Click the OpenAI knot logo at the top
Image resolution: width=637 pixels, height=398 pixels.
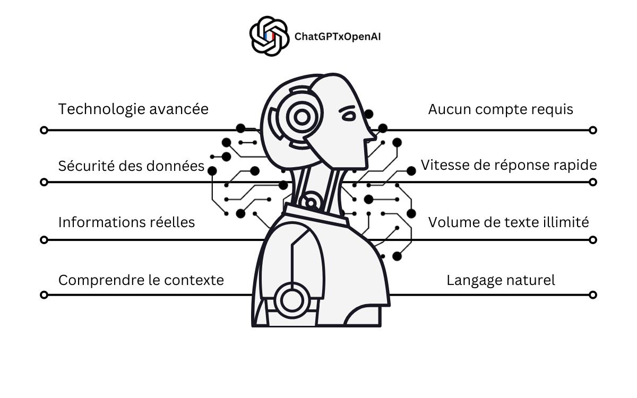click(x=269, y=36)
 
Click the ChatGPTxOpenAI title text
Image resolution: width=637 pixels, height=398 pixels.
click(x=338, y=37)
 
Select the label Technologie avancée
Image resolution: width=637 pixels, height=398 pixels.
click(x=133, y=109)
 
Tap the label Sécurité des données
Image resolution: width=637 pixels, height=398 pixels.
click(x=132, y=166)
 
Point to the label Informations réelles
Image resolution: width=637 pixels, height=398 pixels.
click(x=126, y=222)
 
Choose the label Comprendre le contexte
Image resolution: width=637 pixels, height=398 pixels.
click(x=141, y=280)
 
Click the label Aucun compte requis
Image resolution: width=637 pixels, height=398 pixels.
click(x=501, y=109)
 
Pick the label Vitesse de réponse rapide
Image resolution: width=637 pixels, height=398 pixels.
click(x=509, y=165)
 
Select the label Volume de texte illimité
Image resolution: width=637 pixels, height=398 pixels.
click(x=509, y=222)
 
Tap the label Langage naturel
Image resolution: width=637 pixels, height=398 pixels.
click(x=501, y=281)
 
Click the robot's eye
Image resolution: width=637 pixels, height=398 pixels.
click(x=348, y=116)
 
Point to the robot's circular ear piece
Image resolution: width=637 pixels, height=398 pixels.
click(x=302, y=117)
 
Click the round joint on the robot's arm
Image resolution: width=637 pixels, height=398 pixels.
click(x=292, y=300)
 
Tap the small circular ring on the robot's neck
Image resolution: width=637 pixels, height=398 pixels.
click(x=311, y=203)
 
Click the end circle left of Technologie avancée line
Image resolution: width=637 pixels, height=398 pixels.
click(x=44, y=130)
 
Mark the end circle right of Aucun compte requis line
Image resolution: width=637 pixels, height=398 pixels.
click(x=593, y=130)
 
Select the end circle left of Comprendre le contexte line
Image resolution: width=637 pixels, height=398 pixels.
click(x=44, y=295)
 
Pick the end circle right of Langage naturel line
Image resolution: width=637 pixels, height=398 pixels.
click(x=593, y=295)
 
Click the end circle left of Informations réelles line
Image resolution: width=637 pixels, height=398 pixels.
click(x=44, y=240)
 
